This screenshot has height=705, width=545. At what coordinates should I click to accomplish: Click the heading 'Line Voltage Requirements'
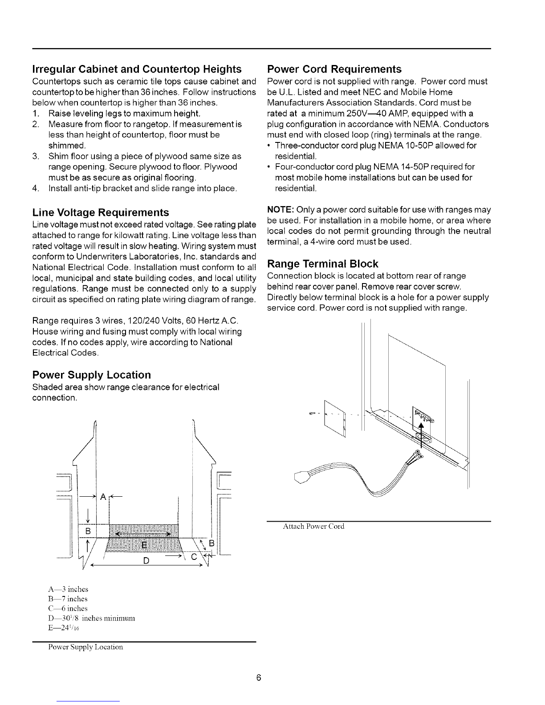[x=101, y=212]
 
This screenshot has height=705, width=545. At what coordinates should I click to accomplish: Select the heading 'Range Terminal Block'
[x=322, y=263]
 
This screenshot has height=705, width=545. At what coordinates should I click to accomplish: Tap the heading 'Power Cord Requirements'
[x=334, y=69]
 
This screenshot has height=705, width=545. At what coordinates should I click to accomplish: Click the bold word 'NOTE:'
[x=279, y=210]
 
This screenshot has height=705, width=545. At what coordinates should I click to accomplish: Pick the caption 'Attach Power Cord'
[x=314, y=527]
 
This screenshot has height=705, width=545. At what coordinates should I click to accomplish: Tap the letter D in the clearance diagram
[x=146, y=560]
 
